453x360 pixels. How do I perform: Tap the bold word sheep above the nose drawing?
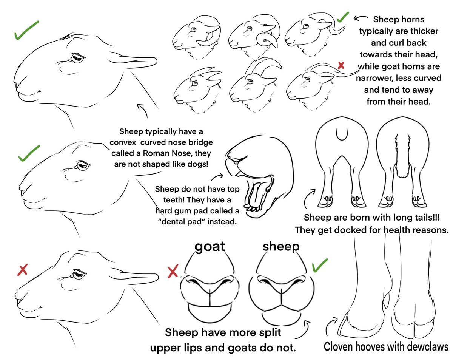(x=281, y=246)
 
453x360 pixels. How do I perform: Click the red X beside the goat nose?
(x=173, y=271)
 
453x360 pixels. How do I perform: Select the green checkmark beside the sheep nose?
(x=320, y=265)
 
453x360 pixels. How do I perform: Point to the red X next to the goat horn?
(x=341, y=65)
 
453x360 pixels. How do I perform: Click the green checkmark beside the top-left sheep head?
(x=27, y=30)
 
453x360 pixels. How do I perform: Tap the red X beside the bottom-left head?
(x=23, y=270)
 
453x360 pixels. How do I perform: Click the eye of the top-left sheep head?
(x=77, y=57)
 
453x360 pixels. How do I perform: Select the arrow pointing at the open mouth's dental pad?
(x=217, y=176)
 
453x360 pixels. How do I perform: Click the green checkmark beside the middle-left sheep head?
(x=29, y=153)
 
